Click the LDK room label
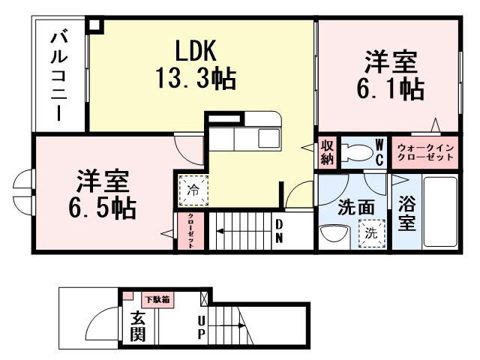pyautogui.click(x=196, y=51)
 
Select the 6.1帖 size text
pyautogui.click(x=390, y=88)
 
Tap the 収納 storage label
pyautogui.click(x=327, y=151)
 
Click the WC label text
pyautogui.click(x=379, y=151)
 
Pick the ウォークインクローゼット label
pyautogui.click(x=425, y=152)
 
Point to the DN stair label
pyautogui.click(x=278, y=231)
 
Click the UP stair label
pyautogui.click(x=202, y=327)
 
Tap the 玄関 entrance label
pyautogui.click(x=137, y=327)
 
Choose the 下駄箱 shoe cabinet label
pyautogui.click(x=157, y=299)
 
